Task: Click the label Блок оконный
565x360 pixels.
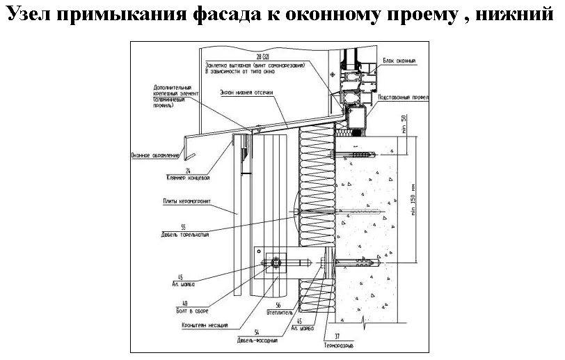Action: (399, 61)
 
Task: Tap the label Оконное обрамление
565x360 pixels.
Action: (155, 155)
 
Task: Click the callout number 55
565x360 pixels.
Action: (183, 227)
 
